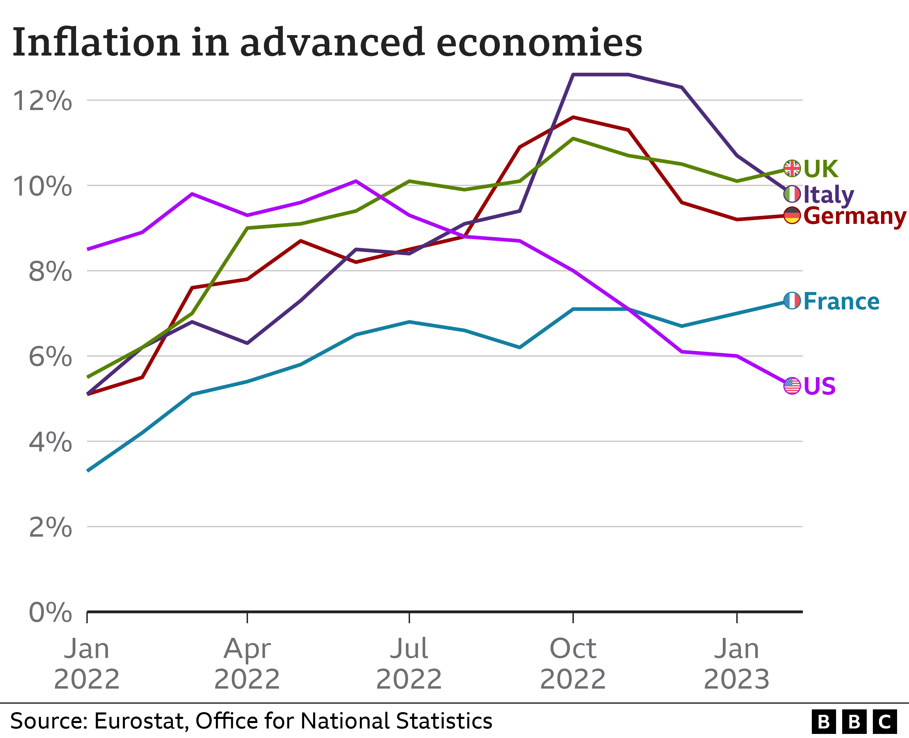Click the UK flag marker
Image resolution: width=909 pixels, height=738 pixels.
[792, 168]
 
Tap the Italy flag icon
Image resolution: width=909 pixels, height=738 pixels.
[792, 194]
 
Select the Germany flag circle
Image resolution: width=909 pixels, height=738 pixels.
[792, 216]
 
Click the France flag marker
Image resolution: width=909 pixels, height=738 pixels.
[792, 301]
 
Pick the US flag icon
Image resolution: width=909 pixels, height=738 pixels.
[792, 386]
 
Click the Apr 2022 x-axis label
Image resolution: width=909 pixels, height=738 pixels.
[247, 664]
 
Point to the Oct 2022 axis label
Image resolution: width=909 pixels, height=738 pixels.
[573, 664]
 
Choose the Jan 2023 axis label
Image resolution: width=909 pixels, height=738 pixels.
[736, 664]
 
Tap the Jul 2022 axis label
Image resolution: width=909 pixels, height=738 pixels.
[409, 664]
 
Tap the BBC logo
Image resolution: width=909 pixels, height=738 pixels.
[854, 721]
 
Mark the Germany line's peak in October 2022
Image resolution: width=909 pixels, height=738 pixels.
[573, 117]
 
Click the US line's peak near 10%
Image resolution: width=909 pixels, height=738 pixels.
[356, 181]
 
